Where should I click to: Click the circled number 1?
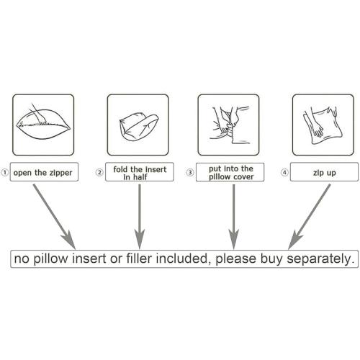tap(4, 172)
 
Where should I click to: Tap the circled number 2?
tap(99, 172)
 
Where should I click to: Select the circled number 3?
tap(190, 172)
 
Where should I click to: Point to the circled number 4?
tap(284, 172)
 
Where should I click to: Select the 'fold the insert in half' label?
tap(140, 172)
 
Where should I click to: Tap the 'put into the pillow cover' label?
tap(230, 172)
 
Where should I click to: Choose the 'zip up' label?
tap(324, 172)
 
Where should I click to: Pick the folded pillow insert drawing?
tap(139, 127)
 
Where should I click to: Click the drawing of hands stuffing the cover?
tap(229, 125)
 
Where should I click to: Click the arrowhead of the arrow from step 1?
tap(70, 240)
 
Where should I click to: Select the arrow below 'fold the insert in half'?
tap(140, 217)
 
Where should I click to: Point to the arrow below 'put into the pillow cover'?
tap(233, 217)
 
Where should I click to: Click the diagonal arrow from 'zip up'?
tap(309, 217)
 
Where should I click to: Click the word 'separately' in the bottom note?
tap(320, 259)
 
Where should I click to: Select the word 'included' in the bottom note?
tap(184, 258)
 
